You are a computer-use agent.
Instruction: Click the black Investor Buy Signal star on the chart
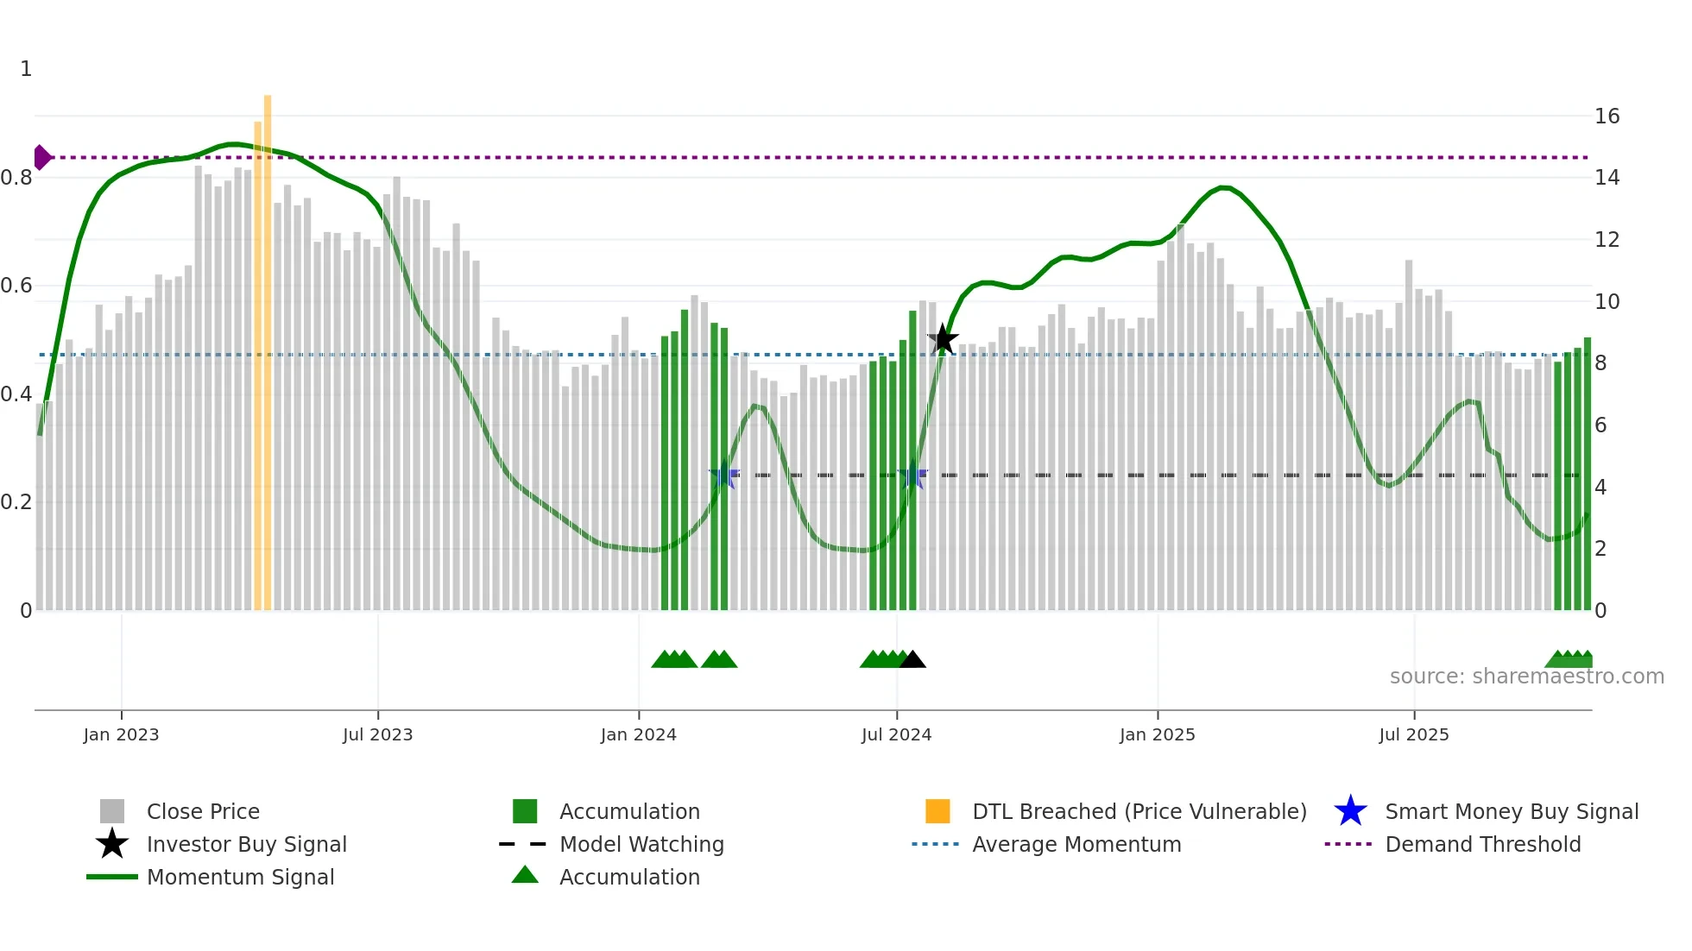[x=943, y=339]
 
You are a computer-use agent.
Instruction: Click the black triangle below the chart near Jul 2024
[x=912, y=660]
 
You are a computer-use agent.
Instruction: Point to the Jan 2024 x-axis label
[x=638, y=734]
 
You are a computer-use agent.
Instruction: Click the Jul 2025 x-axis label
[x=1413, y=734]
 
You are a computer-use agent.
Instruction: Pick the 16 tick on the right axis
[x=1607, y=117]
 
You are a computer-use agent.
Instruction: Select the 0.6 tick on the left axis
[x=17, y=286]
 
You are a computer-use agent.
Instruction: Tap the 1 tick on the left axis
[x=26, y=69]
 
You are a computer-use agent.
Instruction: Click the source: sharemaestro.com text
[x=1526, y=677]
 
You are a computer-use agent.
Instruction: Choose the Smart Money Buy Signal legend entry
[x=1511, y=811]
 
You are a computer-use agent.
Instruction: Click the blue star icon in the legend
[x=1350, y=811]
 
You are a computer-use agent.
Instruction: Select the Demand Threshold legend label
[x=1482, y=844]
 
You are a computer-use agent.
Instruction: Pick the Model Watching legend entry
[x=641, y=844]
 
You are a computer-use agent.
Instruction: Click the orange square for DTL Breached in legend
[x=938, y=811]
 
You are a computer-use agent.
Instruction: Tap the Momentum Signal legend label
[x=240, y=877]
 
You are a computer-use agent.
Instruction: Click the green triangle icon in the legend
[x=525, y=875]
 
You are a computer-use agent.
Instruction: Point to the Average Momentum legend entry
[x=1076, y=844]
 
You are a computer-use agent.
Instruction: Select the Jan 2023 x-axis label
[x=121, y=734]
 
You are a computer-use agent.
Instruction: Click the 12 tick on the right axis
[x=1607, y=240]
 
